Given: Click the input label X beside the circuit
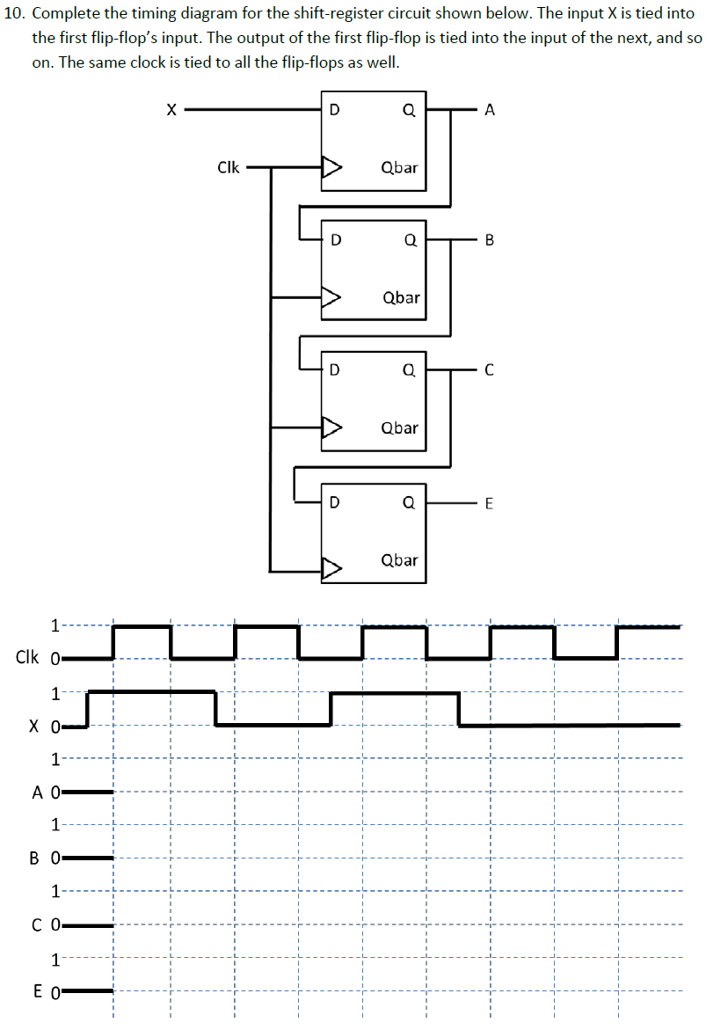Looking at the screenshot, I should point(171,110).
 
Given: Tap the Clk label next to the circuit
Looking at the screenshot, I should point(228,166).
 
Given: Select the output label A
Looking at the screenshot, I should point(490,110).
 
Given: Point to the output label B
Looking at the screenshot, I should point(490,239).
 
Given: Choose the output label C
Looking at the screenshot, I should point(490,370).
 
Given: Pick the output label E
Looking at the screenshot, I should point(490,503).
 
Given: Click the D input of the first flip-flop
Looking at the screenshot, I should point(333,110).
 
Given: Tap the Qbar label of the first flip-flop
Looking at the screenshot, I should point(400,167).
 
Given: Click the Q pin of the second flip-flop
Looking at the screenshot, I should point(409,239).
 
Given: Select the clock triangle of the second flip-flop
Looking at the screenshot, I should point(331,298).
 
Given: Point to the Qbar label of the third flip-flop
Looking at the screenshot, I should point(400,428).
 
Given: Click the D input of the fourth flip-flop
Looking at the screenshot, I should point(333,503).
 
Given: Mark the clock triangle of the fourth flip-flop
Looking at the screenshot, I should point(331,569).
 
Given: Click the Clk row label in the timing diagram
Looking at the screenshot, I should point(26,657).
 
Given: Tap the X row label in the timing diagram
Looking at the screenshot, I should point(33,727).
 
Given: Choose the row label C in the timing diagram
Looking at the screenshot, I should point(38,924).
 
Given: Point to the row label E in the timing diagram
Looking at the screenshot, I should point(38,992).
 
